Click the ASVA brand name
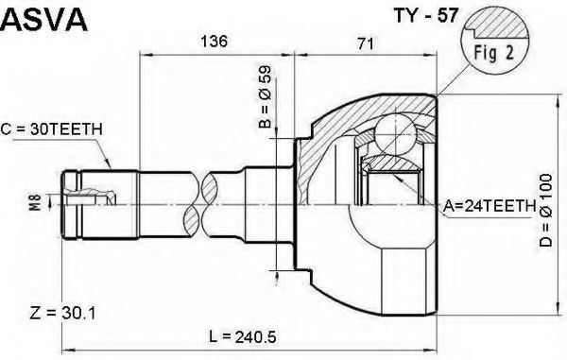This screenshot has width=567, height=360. (x=44, y=20)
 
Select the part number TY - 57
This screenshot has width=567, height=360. (x=425, y=15)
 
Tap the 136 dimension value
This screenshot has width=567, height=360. (x=215, y=42)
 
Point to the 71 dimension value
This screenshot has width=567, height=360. (x=365, y=43)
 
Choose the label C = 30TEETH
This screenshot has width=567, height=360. (x=52, y=129)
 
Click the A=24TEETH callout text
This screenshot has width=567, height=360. (x=490, y=206)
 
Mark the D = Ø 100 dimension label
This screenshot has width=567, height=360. (x=546, y=210)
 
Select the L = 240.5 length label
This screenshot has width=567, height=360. (x=242, y=337)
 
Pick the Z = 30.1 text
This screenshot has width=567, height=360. (x=63, y=313)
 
